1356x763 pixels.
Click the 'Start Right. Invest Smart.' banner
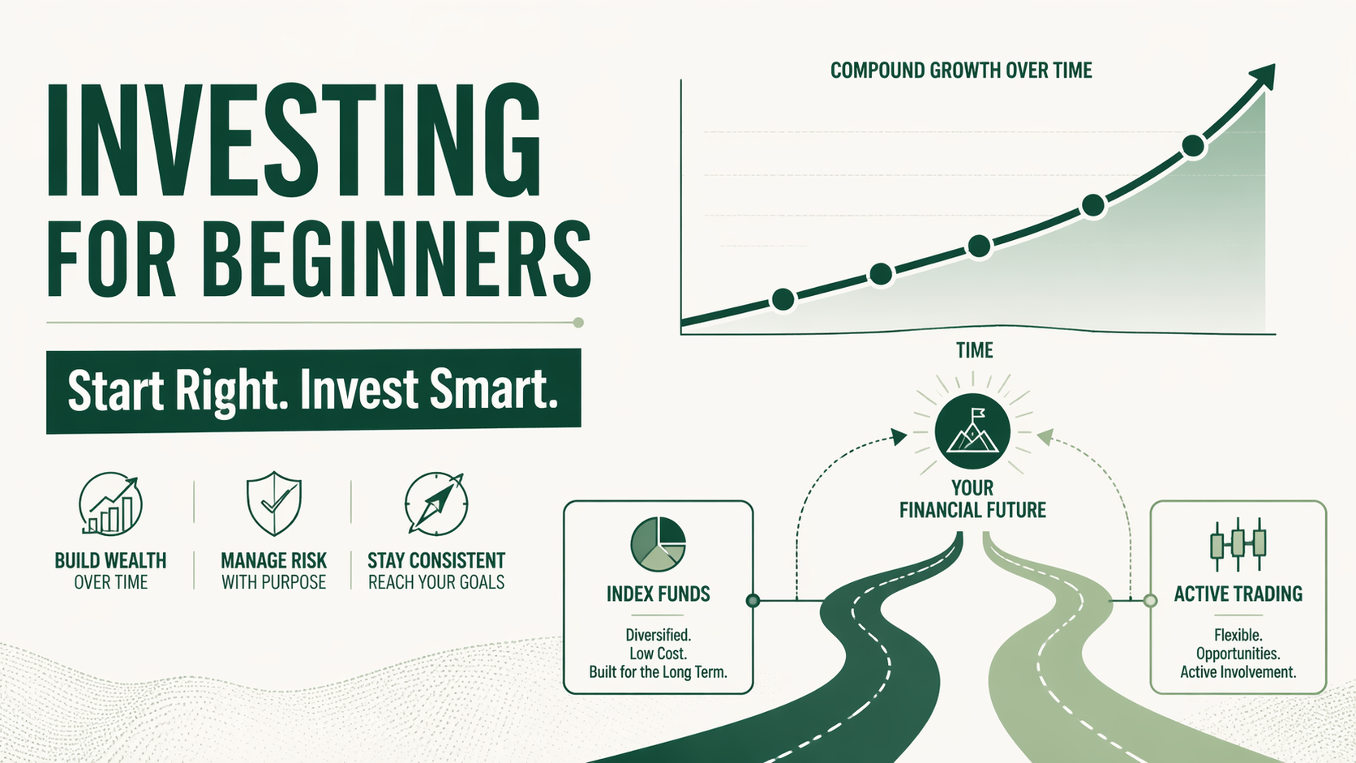click(313, 390)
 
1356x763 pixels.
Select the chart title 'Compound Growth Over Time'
click(961, 71)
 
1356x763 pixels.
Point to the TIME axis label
click(974, 350)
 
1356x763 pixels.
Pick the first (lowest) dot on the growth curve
click(783, 299)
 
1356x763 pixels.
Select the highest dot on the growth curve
click(1193, 146)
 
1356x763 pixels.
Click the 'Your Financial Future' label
click(972, 499)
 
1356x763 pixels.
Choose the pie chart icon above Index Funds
click(658, 544)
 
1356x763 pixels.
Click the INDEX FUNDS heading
click(658, 594)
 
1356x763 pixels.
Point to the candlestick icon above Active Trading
click(1238, 543)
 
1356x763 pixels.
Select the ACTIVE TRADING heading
click(1238, 594)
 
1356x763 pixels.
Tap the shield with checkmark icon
click(274, 503)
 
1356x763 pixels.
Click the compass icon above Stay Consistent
click(436, 504)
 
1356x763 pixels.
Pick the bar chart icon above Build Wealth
click(111, 504)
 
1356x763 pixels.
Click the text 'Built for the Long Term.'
click(658, 672)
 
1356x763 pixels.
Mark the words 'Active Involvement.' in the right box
click(1238, 672)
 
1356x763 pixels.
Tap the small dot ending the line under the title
click(578, 323)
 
